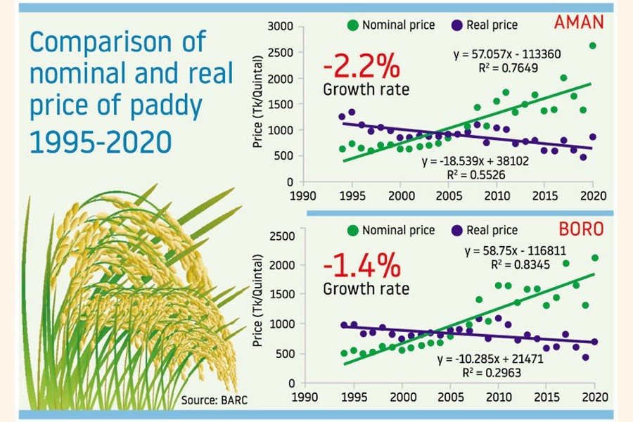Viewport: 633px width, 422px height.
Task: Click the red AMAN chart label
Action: [x=579, y=22]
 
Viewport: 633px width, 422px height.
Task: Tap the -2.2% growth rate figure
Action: [x=362, y=68]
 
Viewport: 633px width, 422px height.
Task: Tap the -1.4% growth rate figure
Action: [x=362, y=267]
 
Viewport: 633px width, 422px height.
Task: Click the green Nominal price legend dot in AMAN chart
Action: [x=352, y=25]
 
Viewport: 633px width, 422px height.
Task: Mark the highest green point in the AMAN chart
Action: [x=593, y=46]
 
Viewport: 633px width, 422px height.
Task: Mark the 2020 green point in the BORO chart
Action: [x=595, y=258]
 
